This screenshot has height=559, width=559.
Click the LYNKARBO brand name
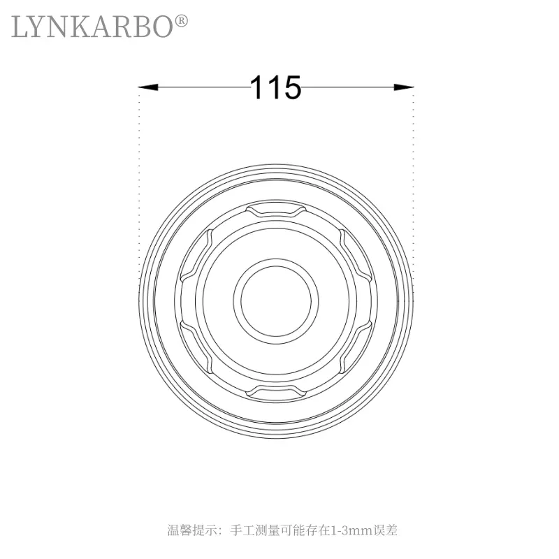[92, 27]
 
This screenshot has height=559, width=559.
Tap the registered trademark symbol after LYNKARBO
[181, 21]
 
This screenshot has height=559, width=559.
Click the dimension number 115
[275, 87]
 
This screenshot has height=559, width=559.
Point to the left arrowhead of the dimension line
[148, 87]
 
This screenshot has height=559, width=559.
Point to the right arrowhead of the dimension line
[404, 87]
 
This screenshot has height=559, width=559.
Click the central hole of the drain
[275, 301]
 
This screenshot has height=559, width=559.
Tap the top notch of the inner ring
[276, 210]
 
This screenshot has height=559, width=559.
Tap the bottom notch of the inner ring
[276, 393]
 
